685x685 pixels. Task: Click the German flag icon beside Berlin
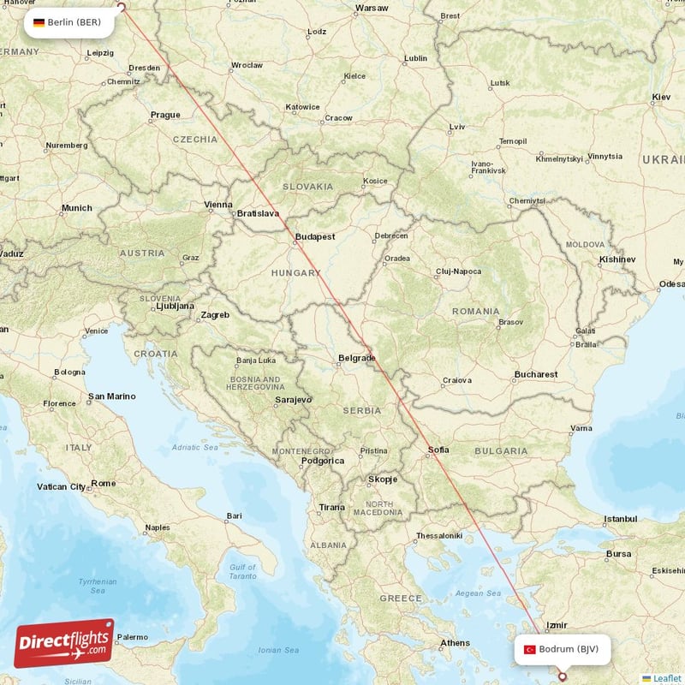tap(39, 22)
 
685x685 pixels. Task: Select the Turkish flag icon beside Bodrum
tap(530, 650)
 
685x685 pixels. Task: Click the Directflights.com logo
tap(64, 643)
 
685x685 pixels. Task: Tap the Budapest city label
tap(314, 236)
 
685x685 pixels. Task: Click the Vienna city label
tap(218, 205)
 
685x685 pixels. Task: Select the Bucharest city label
tap(536, 374)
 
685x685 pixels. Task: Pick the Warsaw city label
tap(372, 9)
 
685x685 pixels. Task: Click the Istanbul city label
tap(621, 519)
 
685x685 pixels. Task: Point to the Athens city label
tap(455, 643)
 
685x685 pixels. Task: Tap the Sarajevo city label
tap(293, 400)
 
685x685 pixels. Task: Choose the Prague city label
tap(165, 115)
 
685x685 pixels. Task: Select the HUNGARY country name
tap(295, 272)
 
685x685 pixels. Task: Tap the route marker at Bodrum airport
tap(563, 676)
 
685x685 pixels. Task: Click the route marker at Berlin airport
tap(121, 9)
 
